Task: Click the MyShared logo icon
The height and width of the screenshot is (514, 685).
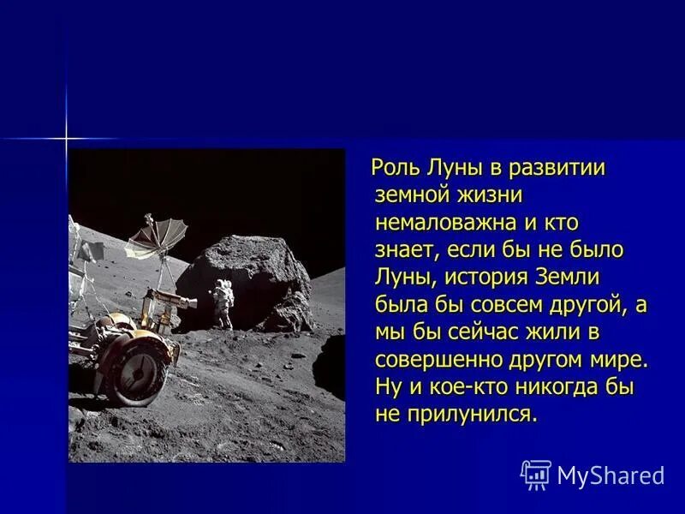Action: click(536, 475)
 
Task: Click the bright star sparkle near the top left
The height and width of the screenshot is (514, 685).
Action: click(66, 137)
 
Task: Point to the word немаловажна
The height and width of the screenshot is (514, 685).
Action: click(443, 223)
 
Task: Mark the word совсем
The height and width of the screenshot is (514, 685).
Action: click(491, 305)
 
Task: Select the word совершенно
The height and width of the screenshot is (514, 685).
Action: click(438, 360)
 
